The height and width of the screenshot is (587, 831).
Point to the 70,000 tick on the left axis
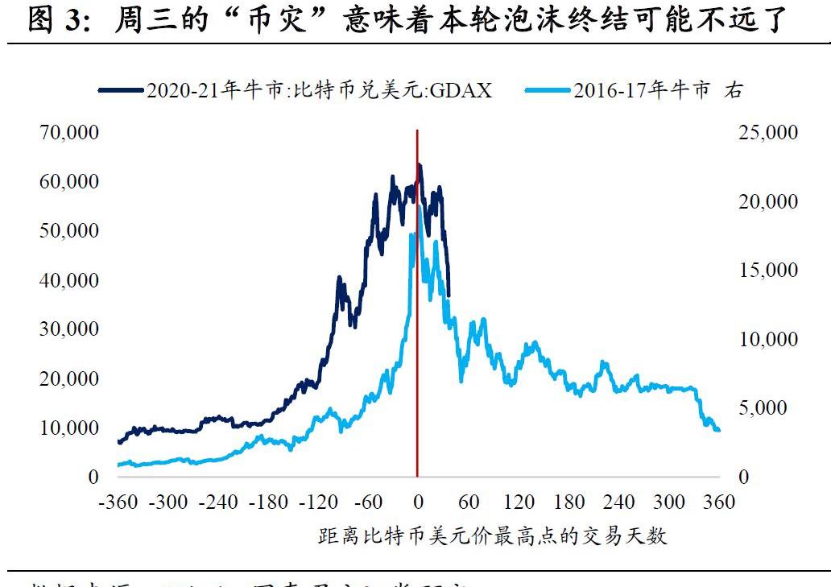click(x=69, y=132)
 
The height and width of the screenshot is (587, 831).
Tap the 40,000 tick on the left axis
click(x=69, y=280)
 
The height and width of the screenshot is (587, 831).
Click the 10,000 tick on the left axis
click(x=69, y=428)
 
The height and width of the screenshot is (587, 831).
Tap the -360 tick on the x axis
click(x=118, y=502)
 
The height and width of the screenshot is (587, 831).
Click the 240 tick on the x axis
click(x=618, y=502)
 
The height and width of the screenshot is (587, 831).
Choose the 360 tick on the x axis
click(x=719, y=502)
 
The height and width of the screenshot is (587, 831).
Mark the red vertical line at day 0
click(x=417, y=322)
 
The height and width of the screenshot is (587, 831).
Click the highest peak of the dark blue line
click(x=419, y=166)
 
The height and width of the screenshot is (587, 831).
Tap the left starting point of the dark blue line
click(x=119, y=442)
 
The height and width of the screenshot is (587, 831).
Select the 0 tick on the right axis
click(x=744, y=477)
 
